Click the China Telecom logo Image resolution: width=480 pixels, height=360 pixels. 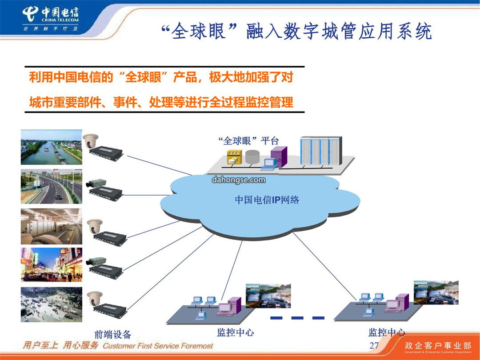tap(51, 19)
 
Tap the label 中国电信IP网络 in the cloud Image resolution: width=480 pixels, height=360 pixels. tap(267, 200)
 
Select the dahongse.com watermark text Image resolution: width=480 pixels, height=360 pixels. tap(239, 180)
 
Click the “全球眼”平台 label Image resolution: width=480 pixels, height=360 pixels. tap(248, 141)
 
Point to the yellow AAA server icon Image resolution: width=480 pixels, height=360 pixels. tap(234, 157)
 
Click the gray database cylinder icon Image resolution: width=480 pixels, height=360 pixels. tap(252, 156)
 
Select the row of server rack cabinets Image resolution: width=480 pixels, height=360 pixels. tap(321, 150)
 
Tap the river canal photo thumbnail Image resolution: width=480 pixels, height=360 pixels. tap(52, 147)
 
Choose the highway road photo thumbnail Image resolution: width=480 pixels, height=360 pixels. tap(52, 186)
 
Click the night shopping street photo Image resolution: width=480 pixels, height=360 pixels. tap(52, 265)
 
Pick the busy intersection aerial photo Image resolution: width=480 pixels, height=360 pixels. tap(52, 304)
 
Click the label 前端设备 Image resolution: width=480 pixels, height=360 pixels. tap(112, 334)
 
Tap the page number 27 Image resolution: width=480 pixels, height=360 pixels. tap(374, 345)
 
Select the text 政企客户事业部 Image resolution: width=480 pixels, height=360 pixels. tap(438, 346)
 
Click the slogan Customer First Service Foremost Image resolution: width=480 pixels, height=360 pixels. tap(158, 346)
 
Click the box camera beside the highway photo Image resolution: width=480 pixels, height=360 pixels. tap(96, 184)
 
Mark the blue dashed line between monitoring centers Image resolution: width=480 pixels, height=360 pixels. tap(297, 318)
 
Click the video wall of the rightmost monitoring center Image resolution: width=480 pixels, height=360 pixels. tap(436, 292)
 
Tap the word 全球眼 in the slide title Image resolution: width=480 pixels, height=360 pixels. tap(198, 31)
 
